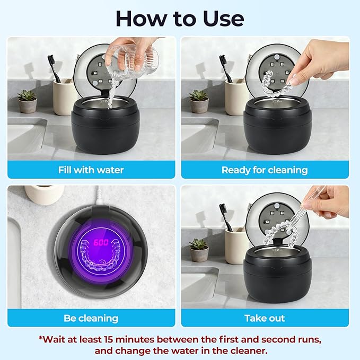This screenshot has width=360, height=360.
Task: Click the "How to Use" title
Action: pos(180,19)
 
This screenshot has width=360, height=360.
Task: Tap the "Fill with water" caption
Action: pos(91,170)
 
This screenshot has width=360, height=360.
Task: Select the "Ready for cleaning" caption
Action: pos(265,170)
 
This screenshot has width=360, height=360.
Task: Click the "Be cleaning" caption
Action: pos(91,319)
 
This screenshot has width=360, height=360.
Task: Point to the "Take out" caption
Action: pos(265,319)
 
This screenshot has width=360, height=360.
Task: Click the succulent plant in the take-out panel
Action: pos(199,245)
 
